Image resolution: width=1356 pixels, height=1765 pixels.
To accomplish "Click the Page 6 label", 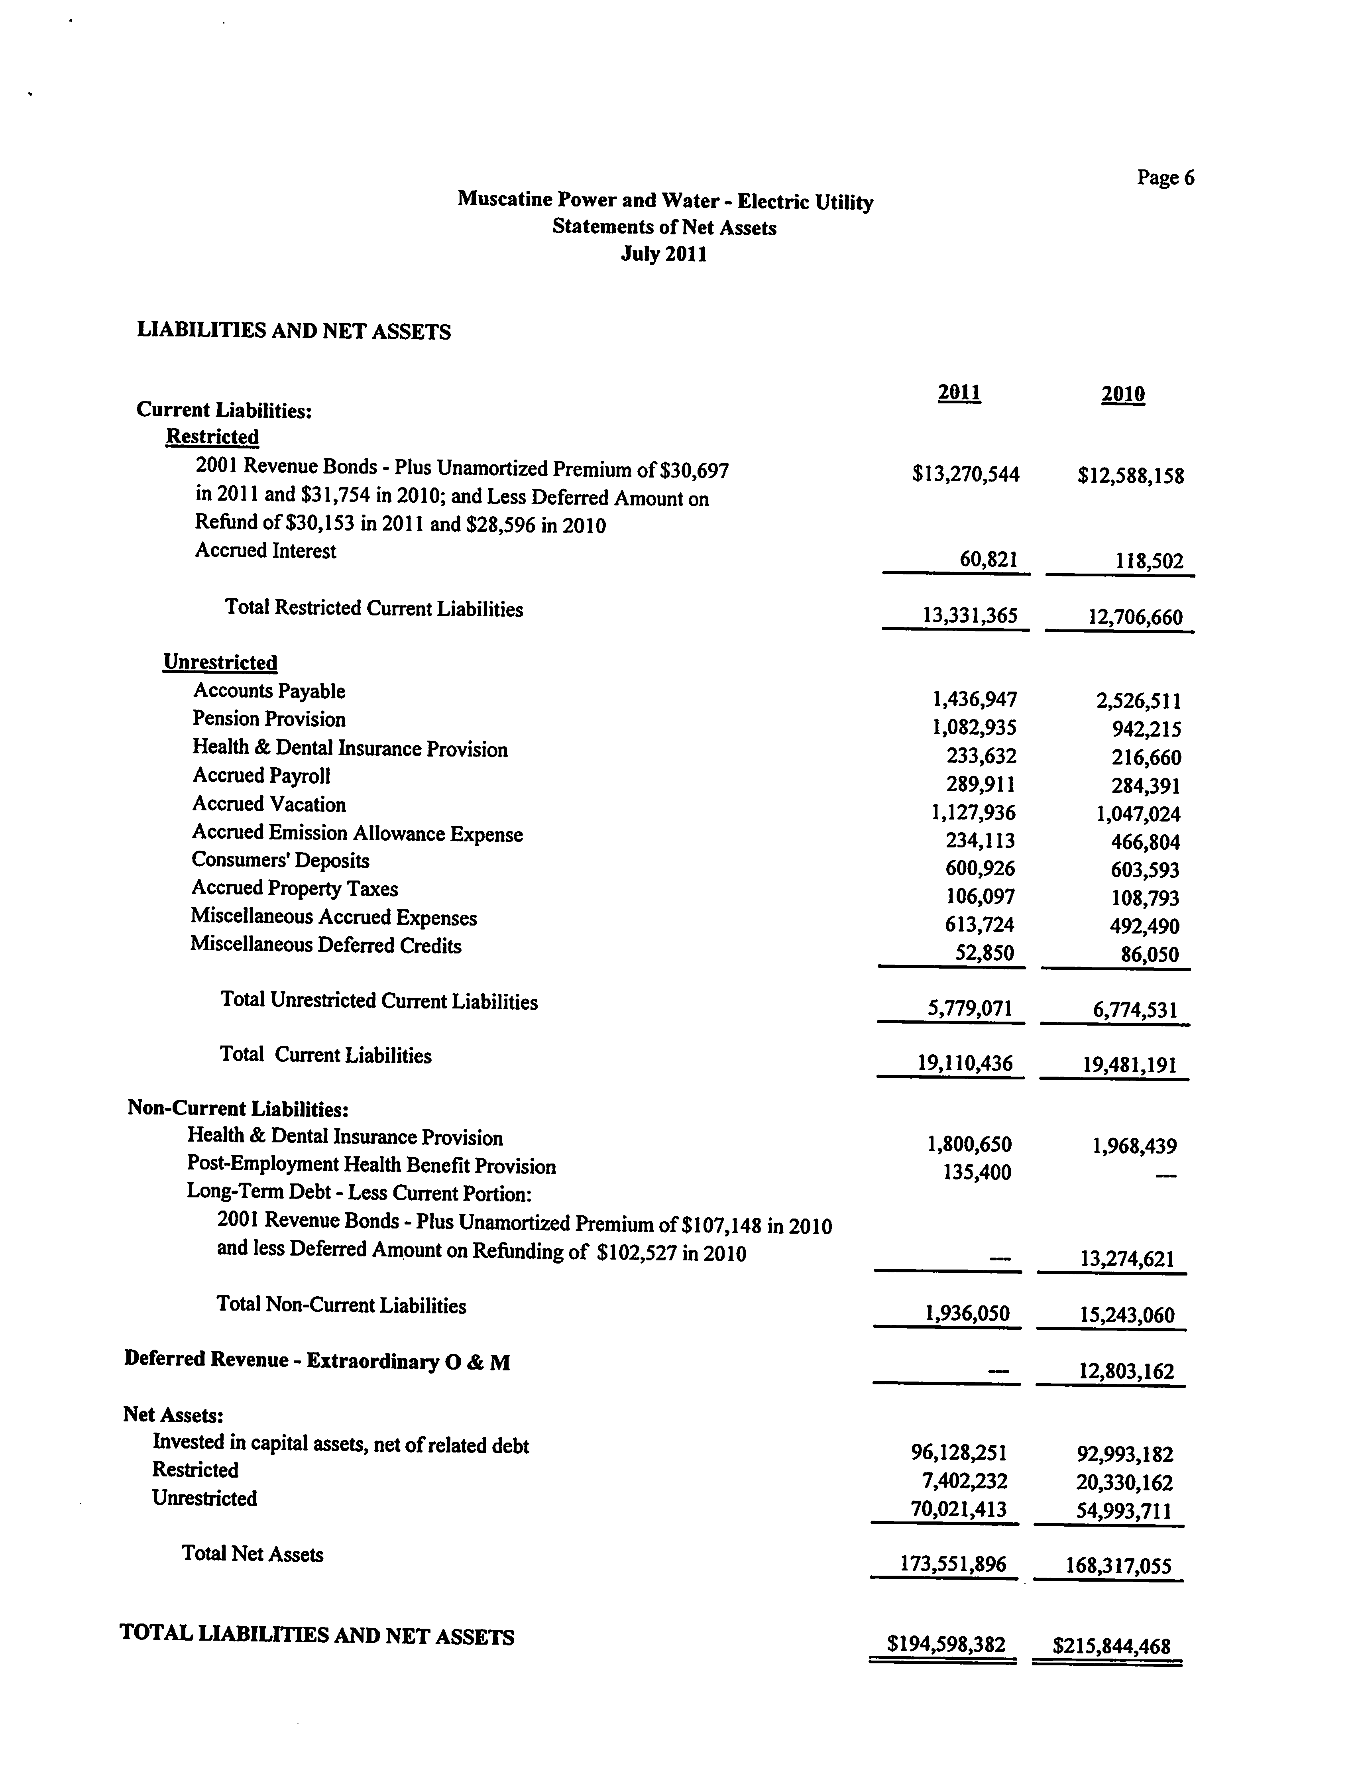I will click(1165, 177).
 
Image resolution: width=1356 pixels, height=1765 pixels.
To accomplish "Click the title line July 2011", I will click(664, 254).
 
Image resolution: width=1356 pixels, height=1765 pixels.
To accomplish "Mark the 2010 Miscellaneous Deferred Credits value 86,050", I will click(1150, 955).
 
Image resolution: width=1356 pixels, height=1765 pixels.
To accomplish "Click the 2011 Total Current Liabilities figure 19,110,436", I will click(965, 1063).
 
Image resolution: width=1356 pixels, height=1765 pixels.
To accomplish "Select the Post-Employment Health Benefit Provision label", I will click(371, 1166).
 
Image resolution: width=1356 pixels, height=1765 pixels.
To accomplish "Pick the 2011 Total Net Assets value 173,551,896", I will click(953, 1564).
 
